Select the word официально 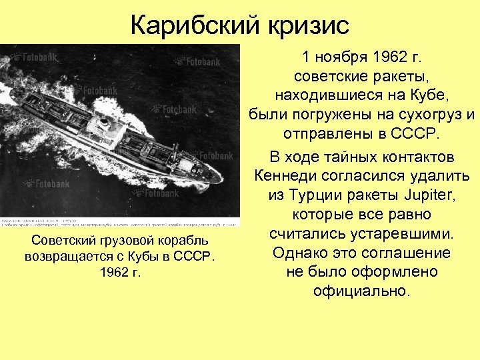(x=363, y=291)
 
